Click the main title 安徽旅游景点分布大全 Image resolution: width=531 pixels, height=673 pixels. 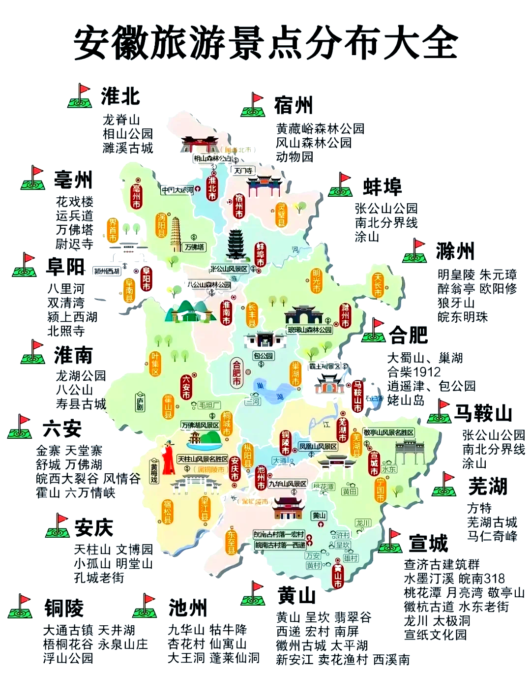(265, 43)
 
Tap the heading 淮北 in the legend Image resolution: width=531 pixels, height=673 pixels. (120, 96)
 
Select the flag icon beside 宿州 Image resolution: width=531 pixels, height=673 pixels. (253, 105)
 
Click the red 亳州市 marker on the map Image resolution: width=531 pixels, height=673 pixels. (137, 196)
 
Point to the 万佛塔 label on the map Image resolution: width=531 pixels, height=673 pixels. (195, 247)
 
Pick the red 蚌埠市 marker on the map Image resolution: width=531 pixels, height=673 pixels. (260, 255)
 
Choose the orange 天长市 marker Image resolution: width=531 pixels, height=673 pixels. (378, 285)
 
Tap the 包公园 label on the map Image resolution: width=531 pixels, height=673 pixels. (264, 356)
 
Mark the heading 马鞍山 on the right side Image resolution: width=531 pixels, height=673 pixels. (483, 413)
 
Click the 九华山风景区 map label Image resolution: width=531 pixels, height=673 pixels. (288, 484)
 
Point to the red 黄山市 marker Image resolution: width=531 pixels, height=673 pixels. (338, 573)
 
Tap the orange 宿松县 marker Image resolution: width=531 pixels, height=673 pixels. (168, 512)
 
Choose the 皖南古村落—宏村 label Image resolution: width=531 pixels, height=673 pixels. (279, 534)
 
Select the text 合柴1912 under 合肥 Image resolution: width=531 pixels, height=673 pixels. (414, 372)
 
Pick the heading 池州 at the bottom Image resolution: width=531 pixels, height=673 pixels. (187, 608)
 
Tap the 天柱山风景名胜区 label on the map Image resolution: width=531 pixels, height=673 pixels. (203, 459)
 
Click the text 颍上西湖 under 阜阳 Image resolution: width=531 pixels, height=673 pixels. (72, 317)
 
